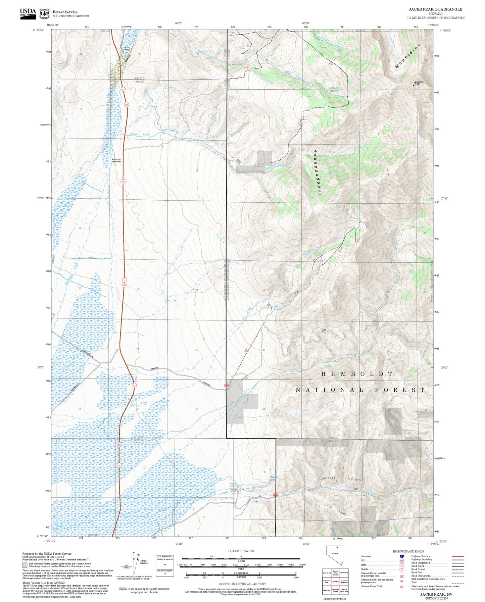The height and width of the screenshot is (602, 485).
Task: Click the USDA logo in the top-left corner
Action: (28, 13)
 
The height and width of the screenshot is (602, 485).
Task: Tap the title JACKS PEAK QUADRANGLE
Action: (435, 9)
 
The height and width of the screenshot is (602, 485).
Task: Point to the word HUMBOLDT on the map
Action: (357, 374)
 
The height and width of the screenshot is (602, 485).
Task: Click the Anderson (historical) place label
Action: (116, 160)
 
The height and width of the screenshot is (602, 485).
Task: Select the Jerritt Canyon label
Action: (342, 479)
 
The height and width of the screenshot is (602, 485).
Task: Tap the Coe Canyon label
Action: (337, 510)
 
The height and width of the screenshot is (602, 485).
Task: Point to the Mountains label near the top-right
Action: (408, 56)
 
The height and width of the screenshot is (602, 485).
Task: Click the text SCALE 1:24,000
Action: (241, 551)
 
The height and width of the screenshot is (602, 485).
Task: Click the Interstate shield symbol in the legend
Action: (401, 556)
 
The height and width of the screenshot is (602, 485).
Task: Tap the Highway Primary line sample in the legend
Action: (457, 556)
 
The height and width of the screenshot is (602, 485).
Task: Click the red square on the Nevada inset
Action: (337, 548)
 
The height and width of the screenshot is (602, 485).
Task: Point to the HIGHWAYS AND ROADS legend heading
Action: (408, 551)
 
